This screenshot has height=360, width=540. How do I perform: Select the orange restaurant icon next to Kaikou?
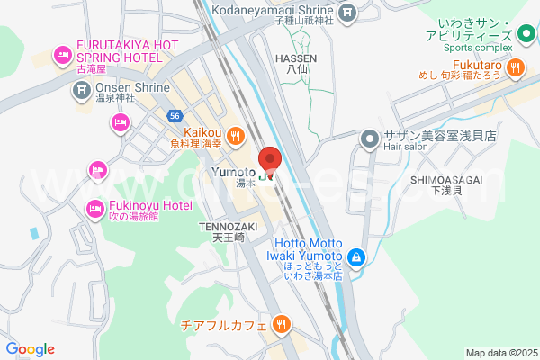coord(236,136)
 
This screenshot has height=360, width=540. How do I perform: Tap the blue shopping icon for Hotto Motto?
coord(356,258)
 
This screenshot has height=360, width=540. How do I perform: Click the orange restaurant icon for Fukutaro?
coord(517,66)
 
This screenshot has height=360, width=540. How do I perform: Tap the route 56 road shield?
coord(175,115)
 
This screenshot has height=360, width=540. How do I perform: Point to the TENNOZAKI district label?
coord(229,227)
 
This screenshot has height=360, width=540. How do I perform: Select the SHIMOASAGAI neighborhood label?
coord(447,179)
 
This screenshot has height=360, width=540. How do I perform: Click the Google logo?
coord(31,349)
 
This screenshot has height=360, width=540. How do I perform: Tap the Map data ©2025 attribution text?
coord(499,353)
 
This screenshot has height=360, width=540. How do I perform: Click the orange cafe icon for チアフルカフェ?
coord(281,324)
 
